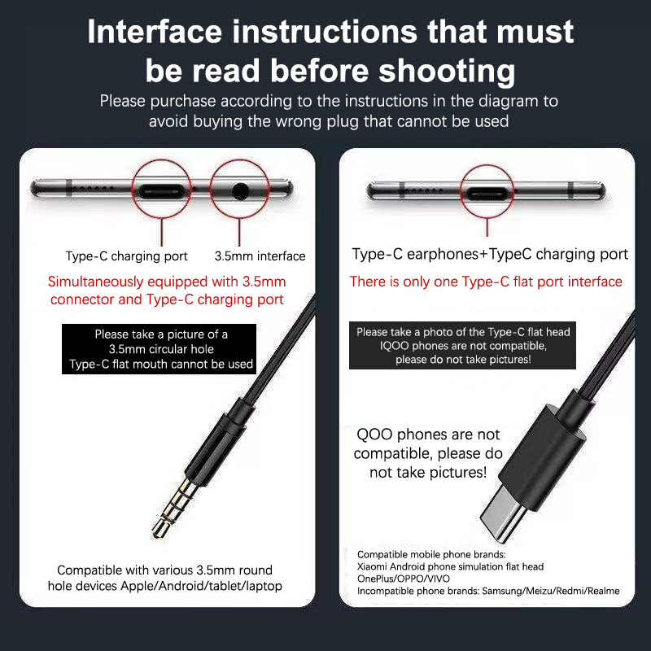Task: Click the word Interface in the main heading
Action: (x=155, y=32)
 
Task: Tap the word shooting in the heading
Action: (x=447, y=71)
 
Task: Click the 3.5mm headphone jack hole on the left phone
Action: (x=240, y=191)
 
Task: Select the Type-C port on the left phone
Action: (x=161, y=191)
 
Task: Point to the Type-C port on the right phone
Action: (x=487, y=193)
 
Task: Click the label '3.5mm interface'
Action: (x=260, y=256)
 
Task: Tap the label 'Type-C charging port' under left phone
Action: (x=127, y=256)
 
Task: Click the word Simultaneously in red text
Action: (x=95, y=282)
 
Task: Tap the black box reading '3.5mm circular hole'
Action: (x=159, y=349)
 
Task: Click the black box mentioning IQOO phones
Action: (x=462, y=345)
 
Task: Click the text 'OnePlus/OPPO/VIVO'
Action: (x=403, y=579)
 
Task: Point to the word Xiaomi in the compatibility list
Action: (x=370, y=566)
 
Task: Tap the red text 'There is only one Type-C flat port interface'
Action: (x=486, y=282)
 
